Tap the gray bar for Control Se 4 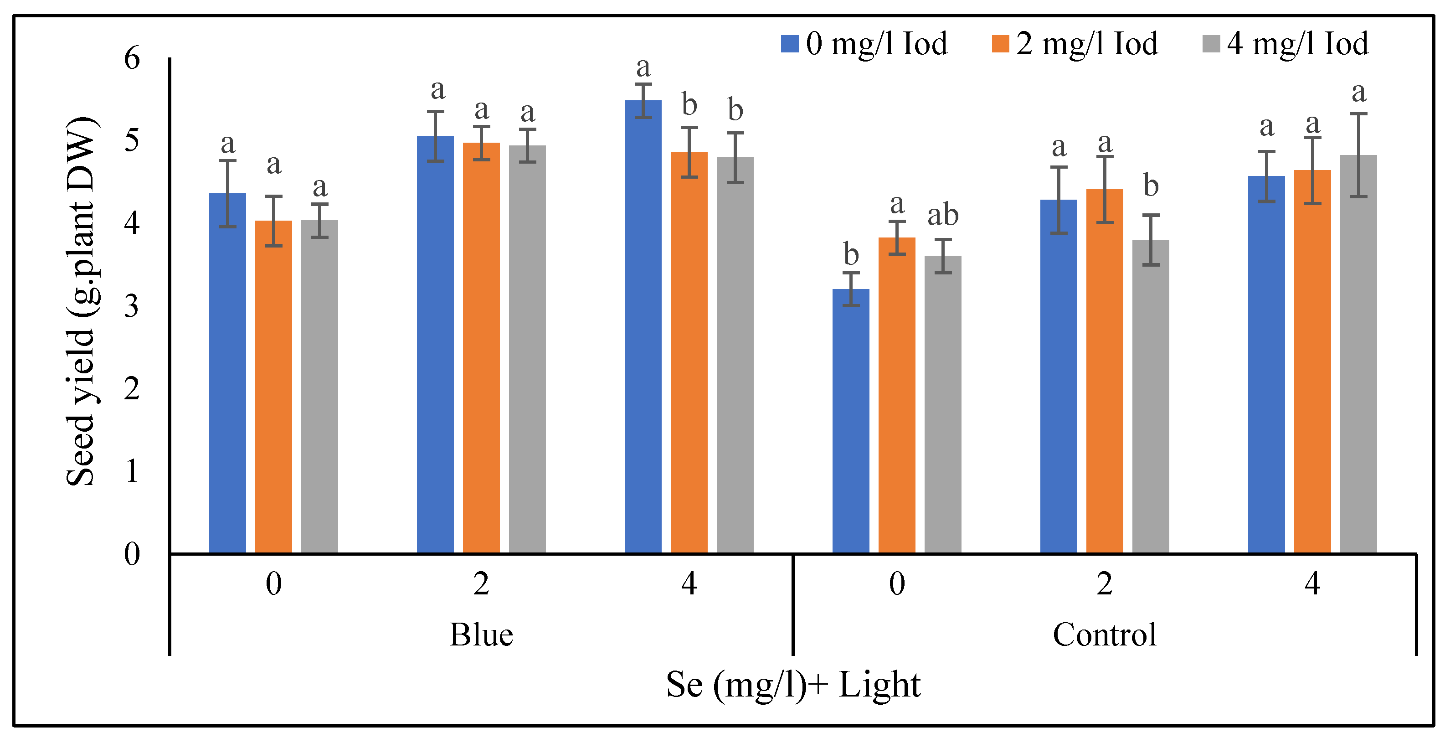[x=1358, y=354]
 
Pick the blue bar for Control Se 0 [x=850, y=421]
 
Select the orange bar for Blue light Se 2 [x=481, y=348]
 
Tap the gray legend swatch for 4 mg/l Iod [x=1211, y=44]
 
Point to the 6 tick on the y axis [x=132, y=58]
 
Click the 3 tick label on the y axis [x=132, y=306]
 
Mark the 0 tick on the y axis [x=132, y=554]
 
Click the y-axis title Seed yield [x=81, y=301]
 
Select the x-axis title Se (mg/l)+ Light [x=792, y=685]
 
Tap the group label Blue [x=481, y=635]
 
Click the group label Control [x=1104, y=635]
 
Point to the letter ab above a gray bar [x=942, y=215]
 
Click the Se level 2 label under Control [x=1104, y=584]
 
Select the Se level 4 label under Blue [x=689, y=584]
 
